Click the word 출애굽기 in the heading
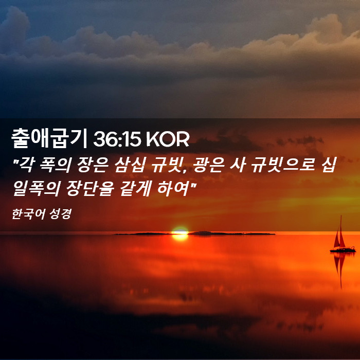tap(49, 139)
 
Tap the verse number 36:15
tap(117, 139)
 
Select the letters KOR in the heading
tap(167, 139)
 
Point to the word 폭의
tap(55, 165)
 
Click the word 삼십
tap(130, 165)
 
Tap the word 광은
tap(208, 165)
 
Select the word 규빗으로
tap(282, 165)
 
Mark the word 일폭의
tap(37, 188)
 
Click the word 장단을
tap(90, 188)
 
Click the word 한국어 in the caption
tap(25, 214)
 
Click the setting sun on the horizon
tap(180, 233)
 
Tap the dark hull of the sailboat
tap(343, 250)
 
